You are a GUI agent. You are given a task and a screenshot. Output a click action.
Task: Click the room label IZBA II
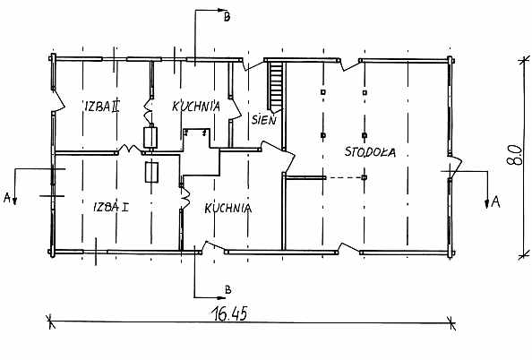pos(101,107)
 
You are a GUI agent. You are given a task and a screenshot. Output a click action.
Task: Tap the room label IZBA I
pos(111,207)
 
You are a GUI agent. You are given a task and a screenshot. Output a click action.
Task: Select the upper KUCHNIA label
pos(196,107)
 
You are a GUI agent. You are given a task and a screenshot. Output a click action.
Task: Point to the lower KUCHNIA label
pos(228,208)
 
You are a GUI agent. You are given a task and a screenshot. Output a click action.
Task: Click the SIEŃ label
pos(264,119)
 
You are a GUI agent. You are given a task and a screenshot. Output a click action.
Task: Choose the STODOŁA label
pos(370,151)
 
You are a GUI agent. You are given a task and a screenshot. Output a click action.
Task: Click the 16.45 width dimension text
pos(230,313)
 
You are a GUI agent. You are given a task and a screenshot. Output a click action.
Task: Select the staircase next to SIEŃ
pos(276,86)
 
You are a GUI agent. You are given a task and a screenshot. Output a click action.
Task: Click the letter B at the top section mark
pos(227,17)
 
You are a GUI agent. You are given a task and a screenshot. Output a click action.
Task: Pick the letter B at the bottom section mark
pos(228,290)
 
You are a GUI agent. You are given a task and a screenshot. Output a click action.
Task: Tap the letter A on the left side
pos(7,197)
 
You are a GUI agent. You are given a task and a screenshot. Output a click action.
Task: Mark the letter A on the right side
pos(495,202)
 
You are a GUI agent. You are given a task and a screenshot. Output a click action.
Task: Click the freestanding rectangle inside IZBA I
pos(151,172)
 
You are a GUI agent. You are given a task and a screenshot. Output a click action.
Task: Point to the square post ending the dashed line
pos(365,177)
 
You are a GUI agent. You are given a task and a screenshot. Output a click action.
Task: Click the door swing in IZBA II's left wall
pos(58,100)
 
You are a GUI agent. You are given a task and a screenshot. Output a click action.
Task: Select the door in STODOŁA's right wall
pos(455,167)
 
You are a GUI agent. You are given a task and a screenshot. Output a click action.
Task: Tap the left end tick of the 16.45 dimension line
pos(50,321)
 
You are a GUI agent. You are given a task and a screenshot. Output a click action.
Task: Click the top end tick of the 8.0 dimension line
pos(524,60)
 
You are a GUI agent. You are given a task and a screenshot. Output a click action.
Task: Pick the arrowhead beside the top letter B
pos(222,10)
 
